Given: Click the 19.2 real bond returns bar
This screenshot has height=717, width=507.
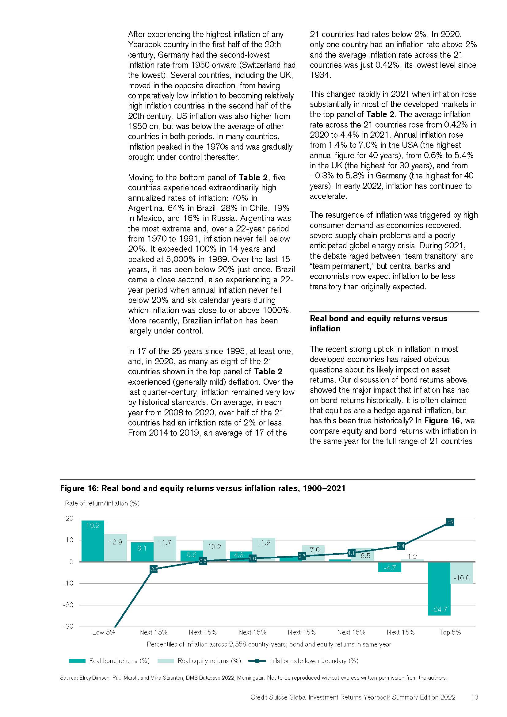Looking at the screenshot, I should (93, 540).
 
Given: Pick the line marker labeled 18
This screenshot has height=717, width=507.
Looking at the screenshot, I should (450, 522).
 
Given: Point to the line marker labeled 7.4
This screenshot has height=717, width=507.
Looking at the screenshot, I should (401, 546).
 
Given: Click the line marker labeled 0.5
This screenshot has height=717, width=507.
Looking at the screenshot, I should (203, 561).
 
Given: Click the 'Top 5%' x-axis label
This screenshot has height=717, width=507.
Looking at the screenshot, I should (450, 632).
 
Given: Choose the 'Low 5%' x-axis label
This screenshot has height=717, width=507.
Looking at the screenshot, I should (104, 632).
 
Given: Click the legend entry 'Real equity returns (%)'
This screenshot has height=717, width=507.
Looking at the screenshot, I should (209, 661).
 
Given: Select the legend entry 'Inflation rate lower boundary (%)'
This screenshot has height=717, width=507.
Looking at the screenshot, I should (314, 661).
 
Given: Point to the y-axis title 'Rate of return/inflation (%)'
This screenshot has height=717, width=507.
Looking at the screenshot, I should (102, 503).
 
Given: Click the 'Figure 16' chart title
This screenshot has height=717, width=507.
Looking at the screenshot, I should (203, 488).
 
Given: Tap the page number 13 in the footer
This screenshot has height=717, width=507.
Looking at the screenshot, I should (474, 697).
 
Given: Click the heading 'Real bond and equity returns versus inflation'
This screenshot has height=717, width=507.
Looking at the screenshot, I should (378, 323).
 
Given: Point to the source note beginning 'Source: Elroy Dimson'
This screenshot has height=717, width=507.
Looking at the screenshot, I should (253, 677).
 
